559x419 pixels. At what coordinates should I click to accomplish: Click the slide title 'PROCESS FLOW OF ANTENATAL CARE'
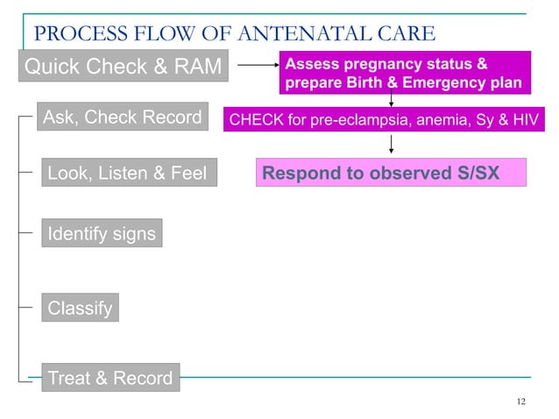[233, 34]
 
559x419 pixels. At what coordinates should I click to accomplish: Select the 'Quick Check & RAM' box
[124, 67]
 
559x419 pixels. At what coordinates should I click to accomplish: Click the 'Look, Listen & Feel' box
[128, 174]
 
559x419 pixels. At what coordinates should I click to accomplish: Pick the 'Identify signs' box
[101, 234]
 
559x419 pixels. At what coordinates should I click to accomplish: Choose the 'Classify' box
[80, 309]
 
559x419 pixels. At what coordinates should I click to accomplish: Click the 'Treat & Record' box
[110, 379]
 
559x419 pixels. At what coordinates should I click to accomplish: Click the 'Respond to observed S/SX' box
[391, 173]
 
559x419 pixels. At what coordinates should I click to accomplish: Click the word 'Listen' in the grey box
[130, 174]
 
